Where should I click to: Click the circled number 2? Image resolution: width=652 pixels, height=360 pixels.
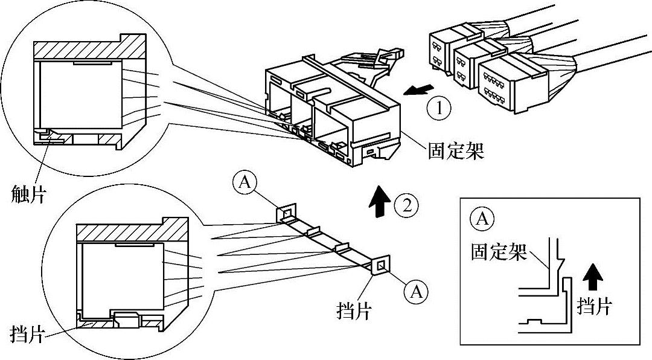point(406,205)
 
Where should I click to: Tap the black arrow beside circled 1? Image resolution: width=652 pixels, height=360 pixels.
point(418,89)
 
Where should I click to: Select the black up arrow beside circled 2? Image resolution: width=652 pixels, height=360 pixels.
point(380,201)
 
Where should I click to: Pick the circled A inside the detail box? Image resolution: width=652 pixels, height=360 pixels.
point(482,219)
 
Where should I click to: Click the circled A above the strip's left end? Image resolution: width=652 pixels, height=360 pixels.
point(245,183)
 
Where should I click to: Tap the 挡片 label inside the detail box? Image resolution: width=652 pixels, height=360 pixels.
point(595,306)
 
